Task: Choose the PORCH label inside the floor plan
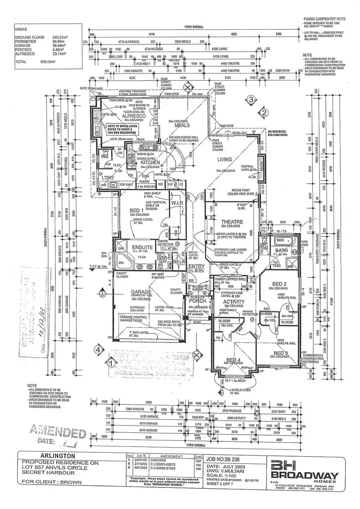pyautogui.click(x=197, y=301)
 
